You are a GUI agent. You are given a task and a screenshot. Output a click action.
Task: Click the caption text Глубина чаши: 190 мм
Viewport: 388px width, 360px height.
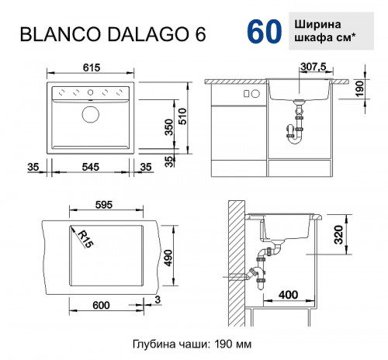[x=192, y=343]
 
